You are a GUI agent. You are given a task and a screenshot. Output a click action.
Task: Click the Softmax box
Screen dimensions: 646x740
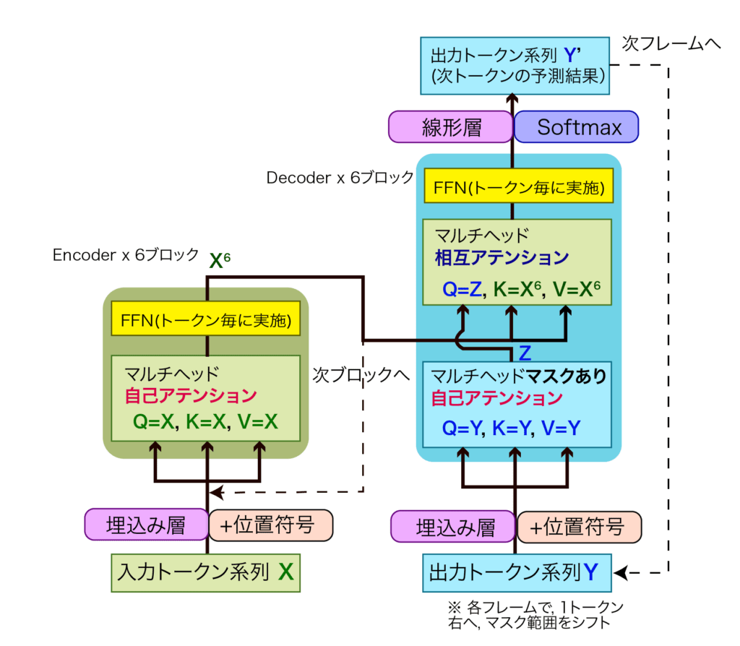click(x=576, y=127)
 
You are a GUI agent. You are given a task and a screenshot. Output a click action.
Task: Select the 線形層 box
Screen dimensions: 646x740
click(x=451, y=127)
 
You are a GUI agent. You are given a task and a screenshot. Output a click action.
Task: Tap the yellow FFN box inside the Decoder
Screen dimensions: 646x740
click(x=518, y=186)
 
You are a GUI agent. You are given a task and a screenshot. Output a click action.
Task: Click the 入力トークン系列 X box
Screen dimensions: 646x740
click(x=205, y=572)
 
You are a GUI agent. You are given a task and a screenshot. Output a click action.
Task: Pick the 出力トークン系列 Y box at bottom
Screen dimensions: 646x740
click(x=515, y=573)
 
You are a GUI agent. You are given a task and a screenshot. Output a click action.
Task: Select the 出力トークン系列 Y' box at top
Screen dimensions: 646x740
click(x=515, y=66)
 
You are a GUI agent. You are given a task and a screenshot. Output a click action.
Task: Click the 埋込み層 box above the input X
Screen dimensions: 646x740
click(x=146, y=525)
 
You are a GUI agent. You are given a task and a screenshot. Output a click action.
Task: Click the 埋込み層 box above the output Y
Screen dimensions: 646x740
click(x=454, y=527)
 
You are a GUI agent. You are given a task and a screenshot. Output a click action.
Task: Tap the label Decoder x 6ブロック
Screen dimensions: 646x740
click(x=340, y=177)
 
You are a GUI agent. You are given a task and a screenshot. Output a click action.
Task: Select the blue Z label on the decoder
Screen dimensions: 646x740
click(x=525, y=353)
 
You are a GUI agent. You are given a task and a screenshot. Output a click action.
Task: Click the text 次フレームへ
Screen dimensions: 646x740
click(x=671, y=43)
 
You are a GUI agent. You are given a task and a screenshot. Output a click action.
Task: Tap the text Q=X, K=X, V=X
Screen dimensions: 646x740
click(x=205, y=422)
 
